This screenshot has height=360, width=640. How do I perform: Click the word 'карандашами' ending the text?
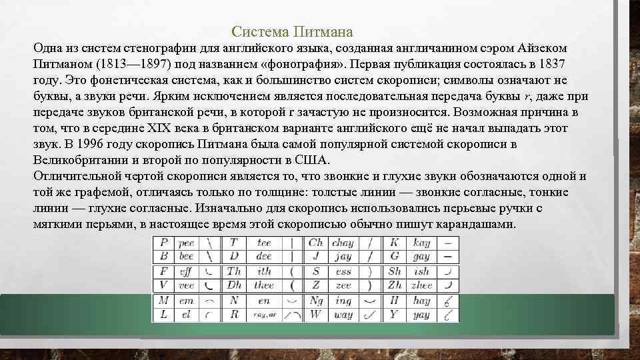[479, 224]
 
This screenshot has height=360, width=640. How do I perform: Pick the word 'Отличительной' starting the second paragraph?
[77, 176]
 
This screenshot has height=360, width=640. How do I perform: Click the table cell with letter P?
[164, 243]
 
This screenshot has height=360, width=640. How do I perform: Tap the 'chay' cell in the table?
[342, 243]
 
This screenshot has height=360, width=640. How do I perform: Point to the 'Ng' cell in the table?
[316, 301]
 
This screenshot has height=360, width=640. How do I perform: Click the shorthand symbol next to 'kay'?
[449, 243]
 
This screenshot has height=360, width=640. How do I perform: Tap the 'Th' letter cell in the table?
[234, 271]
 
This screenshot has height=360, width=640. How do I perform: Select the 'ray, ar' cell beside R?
[265, 315]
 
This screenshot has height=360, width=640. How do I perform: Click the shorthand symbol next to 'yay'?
[449, 314]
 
